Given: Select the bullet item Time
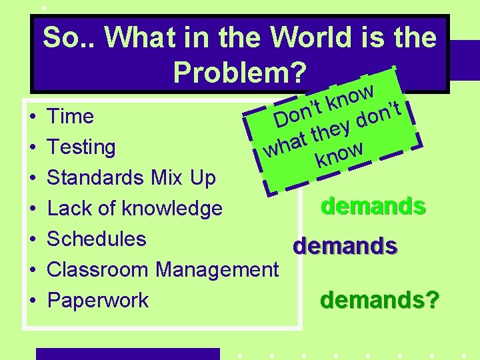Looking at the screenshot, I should click(x=70, y=117).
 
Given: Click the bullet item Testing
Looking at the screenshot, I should click(x=81, y=147).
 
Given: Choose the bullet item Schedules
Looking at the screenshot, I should click(x=97, y=239).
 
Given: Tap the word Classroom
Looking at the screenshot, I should click(x=98, y=269).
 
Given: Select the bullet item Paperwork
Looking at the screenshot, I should click(x=98, y=300).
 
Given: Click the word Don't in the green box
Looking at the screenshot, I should click(x=299, y=113).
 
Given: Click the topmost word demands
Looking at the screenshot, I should click(x=373, y=206).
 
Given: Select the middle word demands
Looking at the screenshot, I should click(x=345, y=247).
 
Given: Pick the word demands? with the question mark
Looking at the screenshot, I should click(x=379, y=301).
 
